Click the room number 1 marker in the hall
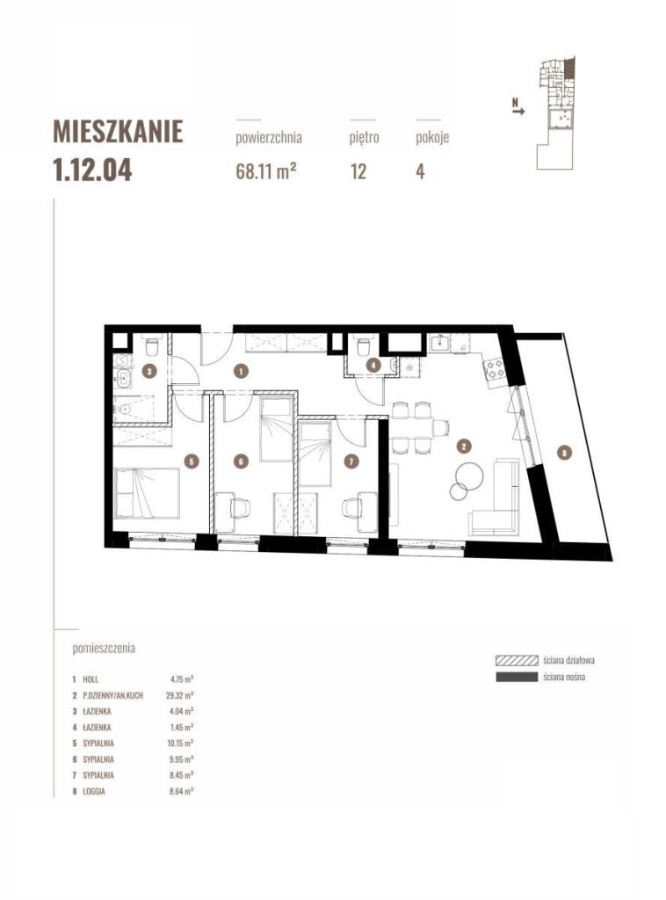click(241, 372)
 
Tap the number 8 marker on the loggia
click(565, 453)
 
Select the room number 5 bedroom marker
click(193, 461)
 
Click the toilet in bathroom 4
click(363, 346)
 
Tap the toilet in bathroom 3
click(152, 346)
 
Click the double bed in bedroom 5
click(147, 493)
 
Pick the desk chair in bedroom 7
click(351, 508)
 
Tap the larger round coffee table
click(470, 475)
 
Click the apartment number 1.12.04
click(92, 171)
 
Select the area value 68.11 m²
click(266, 171)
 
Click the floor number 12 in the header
click(358, 171)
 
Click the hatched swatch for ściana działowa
click(517, 660)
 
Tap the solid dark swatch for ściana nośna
click(517, 677)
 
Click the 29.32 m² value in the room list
click(181, 695)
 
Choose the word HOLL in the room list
click(90, 679)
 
